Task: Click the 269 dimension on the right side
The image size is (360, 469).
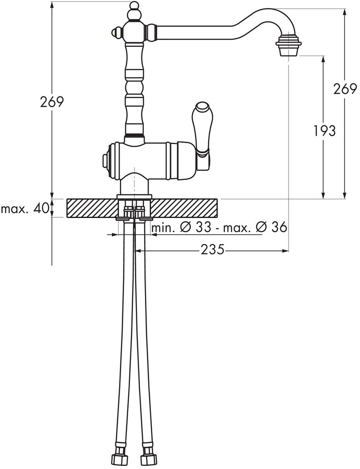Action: click(345, 89)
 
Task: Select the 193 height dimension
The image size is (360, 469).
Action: click(325, 131)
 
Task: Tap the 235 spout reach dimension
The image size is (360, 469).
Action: click(212, 249)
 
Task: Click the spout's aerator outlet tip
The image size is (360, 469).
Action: click(288, 53)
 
